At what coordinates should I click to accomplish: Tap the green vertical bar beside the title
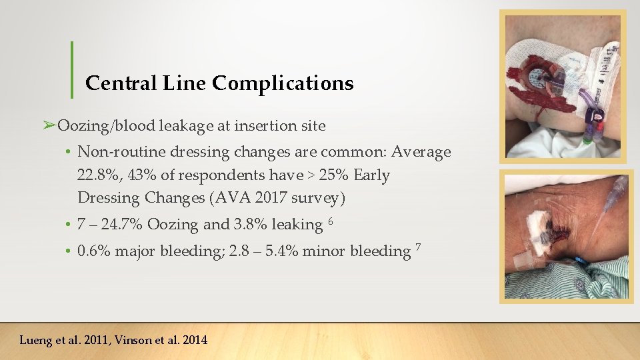click(71, 69)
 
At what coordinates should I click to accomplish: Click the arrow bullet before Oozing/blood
click(49, 125)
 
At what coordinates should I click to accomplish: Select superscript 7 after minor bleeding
click(418, 247)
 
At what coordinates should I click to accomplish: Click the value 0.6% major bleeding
click(94, 251)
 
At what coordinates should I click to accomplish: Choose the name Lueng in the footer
click(36, 340)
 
